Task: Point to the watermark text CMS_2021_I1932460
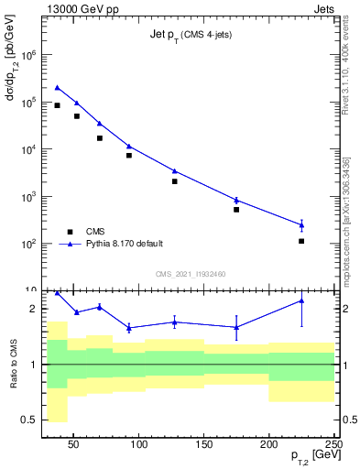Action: pyautogui.click(x=190, y=274)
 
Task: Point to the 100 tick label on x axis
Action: pyautogui.click(x=139, y=444)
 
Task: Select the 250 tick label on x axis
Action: pyautogui.click(x=333, y=444)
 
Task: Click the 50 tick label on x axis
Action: pyautogui.click(x=75, y=444)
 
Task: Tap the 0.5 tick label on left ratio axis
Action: pyautogui.click(x=27, y=420)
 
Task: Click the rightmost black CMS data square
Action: pyautogui.click(x=301, y=241)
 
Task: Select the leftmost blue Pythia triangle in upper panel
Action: pyautogui.click(x=57, y=88)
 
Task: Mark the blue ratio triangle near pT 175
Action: pyautogui.click(x=236, y=327)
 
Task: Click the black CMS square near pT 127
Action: pyautogui.click(x=174, y=181)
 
